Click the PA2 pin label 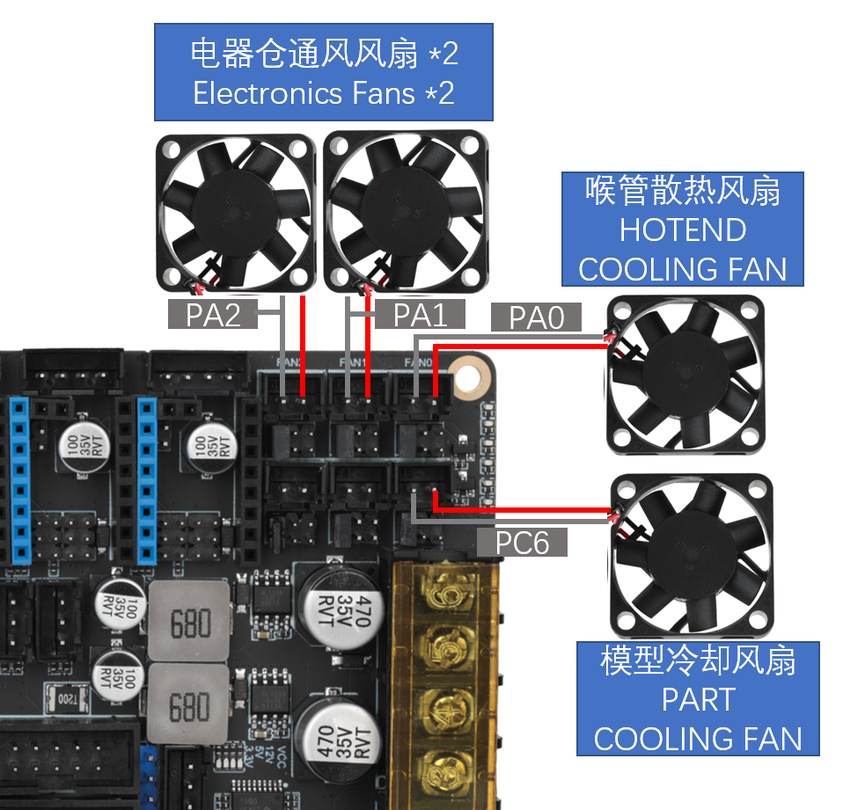(214, 314)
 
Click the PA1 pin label (421, 314)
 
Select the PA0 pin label (536, 317)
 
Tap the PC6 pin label (522, 542)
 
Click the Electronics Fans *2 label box (323, 72)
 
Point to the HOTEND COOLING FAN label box (683, 229)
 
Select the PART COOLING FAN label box (698, 698)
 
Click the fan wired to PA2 (236, 212)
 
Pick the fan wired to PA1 (404, 212)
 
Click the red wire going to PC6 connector (528, 509)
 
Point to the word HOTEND (683, 230)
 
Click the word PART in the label (698, 699)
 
